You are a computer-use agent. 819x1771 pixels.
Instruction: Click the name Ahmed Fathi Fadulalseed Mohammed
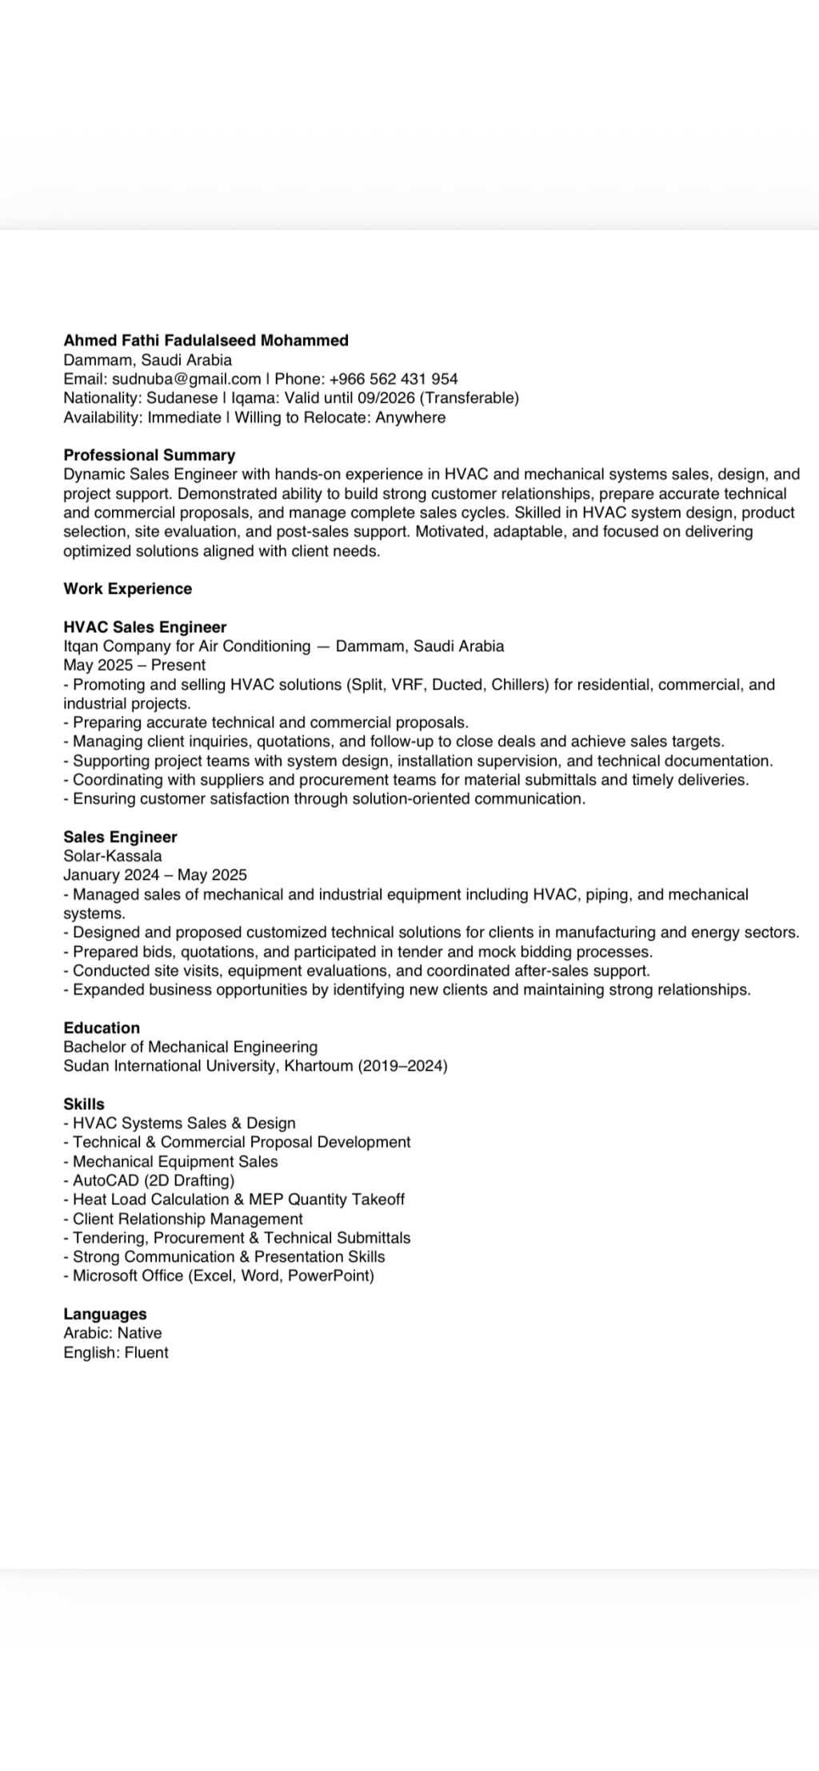[x=206, y=340]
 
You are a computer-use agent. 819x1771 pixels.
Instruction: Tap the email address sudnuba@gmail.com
[x=186, y=379]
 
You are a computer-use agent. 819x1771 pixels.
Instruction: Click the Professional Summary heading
[x=149, y=456]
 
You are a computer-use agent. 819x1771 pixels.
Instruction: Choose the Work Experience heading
[x=127, y=589]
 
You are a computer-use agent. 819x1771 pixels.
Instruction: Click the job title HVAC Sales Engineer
[x=145, y=627]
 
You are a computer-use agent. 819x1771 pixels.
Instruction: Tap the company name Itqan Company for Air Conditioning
[x=186, y=647]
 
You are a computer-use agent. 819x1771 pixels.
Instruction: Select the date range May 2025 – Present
[x=134, y=665]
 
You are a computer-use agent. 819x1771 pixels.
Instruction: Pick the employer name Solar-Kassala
[x=112, y=856]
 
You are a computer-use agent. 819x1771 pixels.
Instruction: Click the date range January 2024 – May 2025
[x=155, y=875]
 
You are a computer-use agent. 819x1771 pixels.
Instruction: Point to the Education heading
[x=102, y=1028]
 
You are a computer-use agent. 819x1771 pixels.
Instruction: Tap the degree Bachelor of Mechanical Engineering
[x=190, y=1047]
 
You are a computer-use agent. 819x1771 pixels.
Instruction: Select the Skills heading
[x=84, y=1104]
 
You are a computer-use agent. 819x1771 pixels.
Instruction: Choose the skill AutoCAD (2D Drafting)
[x=153, y=1180]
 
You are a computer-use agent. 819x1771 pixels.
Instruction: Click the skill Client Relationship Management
[x=187, y=1219]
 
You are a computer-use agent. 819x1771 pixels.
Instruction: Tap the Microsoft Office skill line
[x=222, y=1276]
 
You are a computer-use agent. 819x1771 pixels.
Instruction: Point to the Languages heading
[x=105, y=1314]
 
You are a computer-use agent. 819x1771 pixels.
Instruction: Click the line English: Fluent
[x=116, y=1352]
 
